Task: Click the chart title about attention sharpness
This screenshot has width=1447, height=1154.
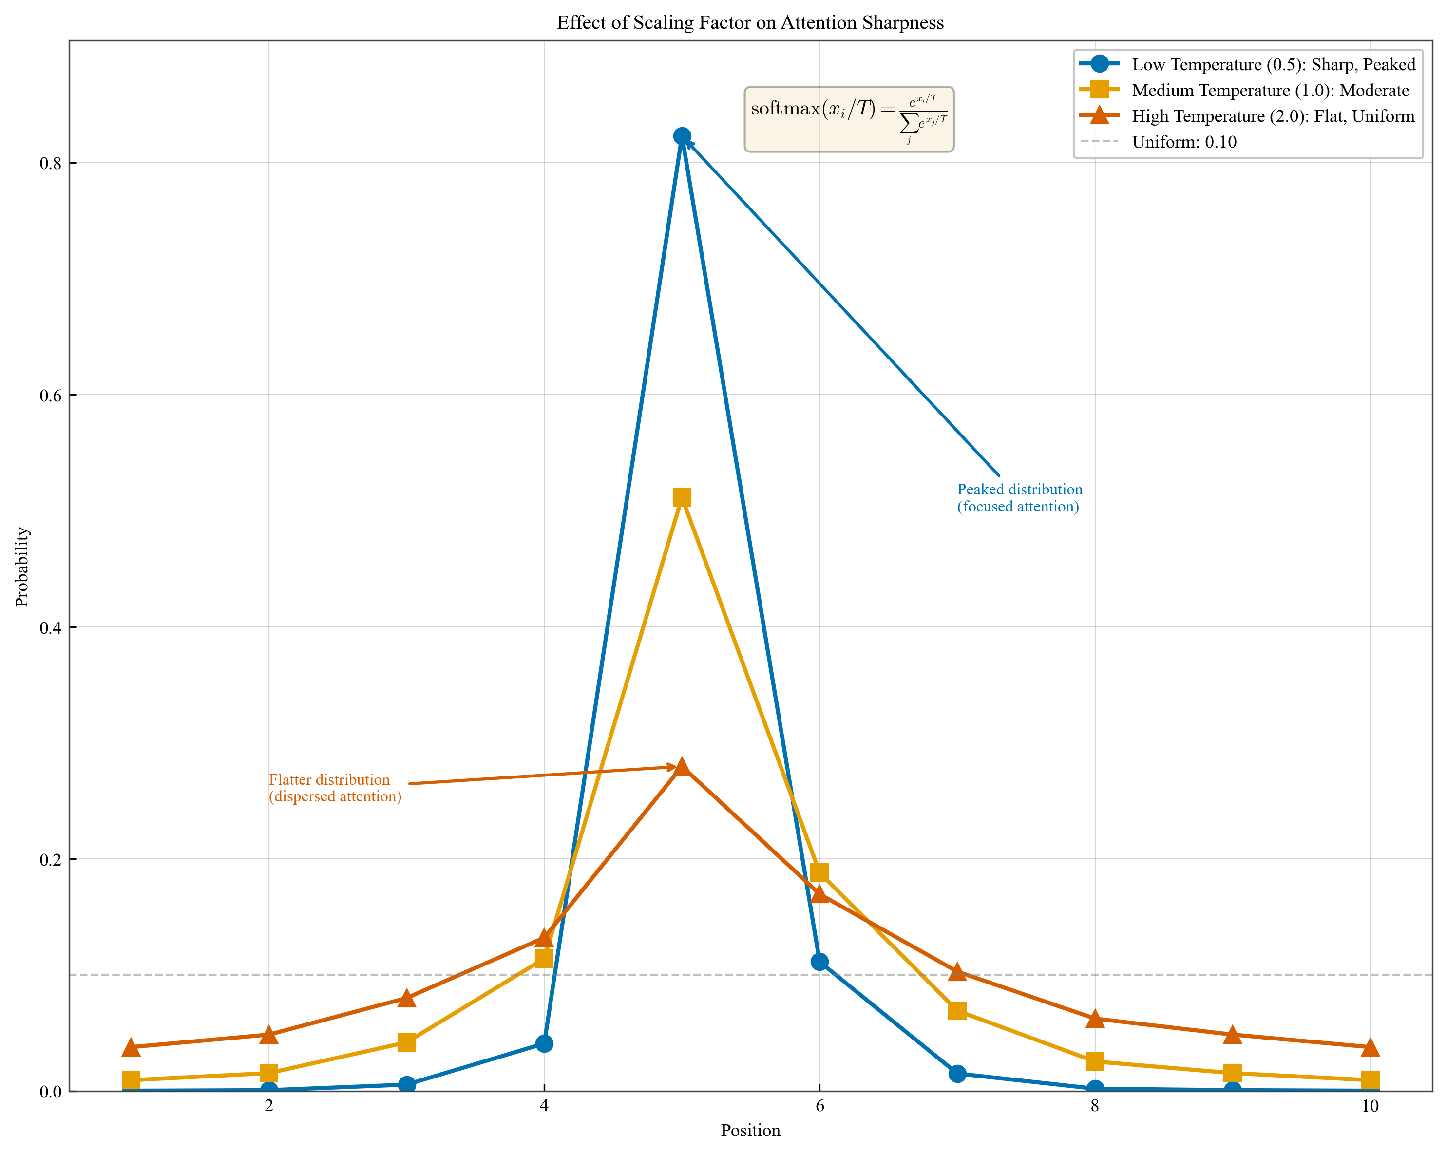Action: click(750, 23)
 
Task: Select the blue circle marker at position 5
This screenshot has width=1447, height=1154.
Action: click(682, 136)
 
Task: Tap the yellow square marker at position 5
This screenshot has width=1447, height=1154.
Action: click(682, 497)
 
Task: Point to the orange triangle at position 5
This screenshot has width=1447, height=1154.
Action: click(682, 767)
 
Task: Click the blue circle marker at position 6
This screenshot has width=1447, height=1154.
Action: click(819, 962)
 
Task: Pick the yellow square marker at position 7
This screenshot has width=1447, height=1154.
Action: click(957, 1010)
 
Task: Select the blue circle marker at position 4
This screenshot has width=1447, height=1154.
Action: click(544, 1043)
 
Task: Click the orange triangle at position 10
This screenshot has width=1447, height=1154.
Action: click(1370, 1047)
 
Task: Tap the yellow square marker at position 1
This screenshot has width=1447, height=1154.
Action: click(131, 1079)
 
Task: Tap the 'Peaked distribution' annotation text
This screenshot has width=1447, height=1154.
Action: click(1019, 498)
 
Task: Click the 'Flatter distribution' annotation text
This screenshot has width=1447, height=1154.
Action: click(335, 788)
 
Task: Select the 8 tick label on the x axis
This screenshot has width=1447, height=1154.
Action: click(1095, 1106)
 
